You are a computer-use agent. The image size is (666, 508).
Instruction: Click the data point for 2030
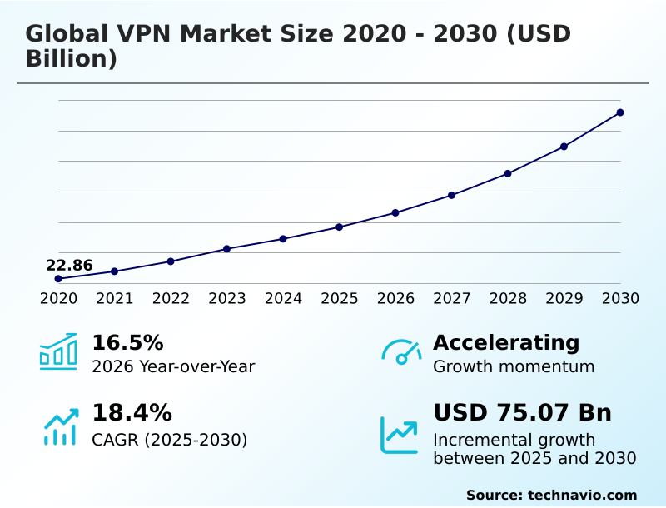coord(620,112)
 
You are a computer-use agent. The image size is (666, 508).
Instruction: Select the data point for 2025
coord(340,227)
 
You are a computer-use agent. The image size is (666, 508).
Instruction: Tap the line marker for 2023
coord(226,249)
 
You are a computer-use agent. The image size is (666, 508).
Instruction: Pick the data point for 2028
coord(508,173)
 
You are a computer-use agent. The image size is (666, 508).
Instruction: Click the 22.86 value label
coord(69,266)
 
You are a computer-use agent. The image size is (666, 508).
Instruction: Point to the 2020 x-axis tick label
coord(58,298)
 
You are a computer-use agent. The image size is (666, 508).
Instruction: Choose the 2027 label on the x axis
coord(451,298)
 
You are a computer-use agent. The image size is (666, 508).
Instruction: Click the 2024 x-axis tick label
coord(283,298)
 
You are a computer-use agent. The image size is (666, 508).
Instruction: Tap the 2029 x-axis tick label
coord(564,298)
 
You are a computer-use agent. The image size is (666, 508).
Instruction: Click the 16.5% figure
coord(127,343)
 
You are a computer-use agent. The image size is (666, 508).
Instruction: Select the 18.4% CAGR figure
coord(132,413)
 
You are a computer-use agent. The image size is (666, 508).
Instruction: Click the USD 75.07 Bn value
coord(522,413)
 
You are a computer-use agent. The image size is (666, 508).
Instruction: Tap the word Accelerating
coord(506,343)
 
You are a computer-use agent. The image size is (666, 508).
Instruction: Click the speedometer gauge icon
coord(400,352)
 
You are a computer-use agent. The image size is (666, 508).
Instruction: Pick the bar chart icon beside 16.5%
coord(58,351)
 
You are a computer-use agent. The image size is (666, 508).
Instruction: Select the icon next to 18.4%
coord(60,426)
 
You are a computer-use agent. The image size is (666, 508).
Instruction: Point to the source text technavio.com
coord(582,495)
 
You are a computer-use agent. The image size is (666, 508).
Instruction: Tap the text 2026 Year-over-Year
coord(173,366)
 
